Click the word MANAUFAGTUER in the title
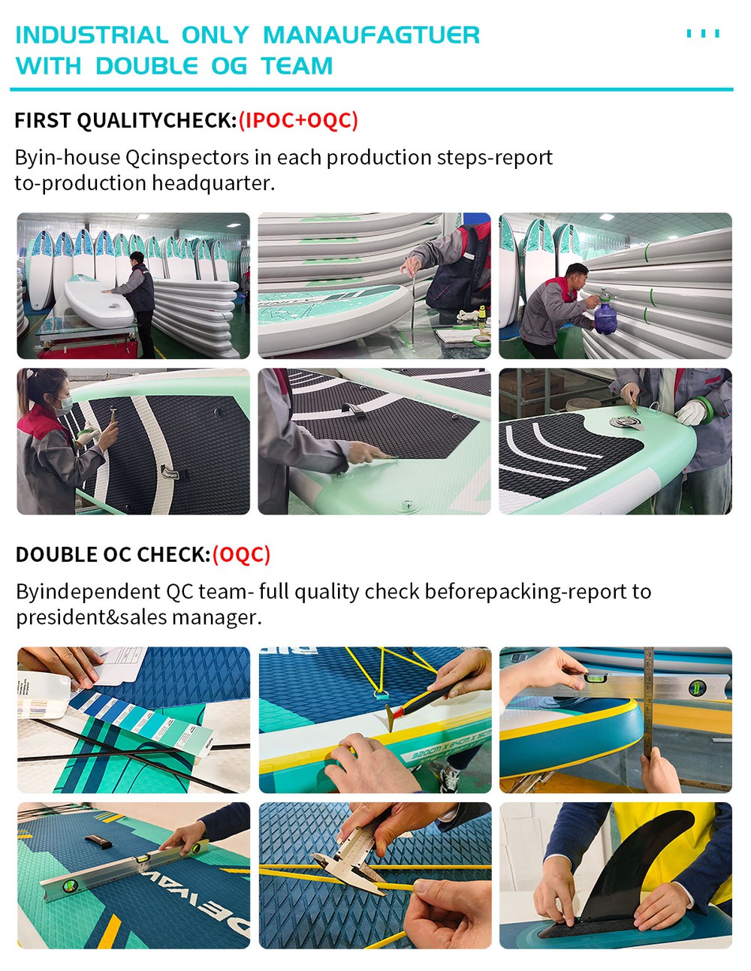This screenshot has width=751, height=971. tap(371, 35)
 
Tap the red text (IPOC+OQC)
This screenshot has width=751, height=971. tap(298, 120)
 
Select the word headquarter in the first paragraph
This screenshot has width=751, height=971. tap(213, 182)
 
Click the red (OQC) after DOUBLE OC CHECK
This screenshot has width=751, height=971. tap(241, 554)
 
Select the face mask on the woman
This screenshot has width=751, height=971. tap(65, 405)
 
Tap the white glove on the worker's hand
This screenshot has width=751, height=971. tap(691, 413)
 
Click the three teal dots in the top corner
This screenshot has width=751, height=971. tap(703, 34)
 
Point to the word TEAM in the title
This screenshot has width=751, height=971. tap(297, 66)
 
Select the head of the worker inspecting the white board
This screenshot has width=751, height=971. tap(137, 258)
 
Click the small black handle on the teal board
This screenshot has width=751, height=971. tap(98, 841)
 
